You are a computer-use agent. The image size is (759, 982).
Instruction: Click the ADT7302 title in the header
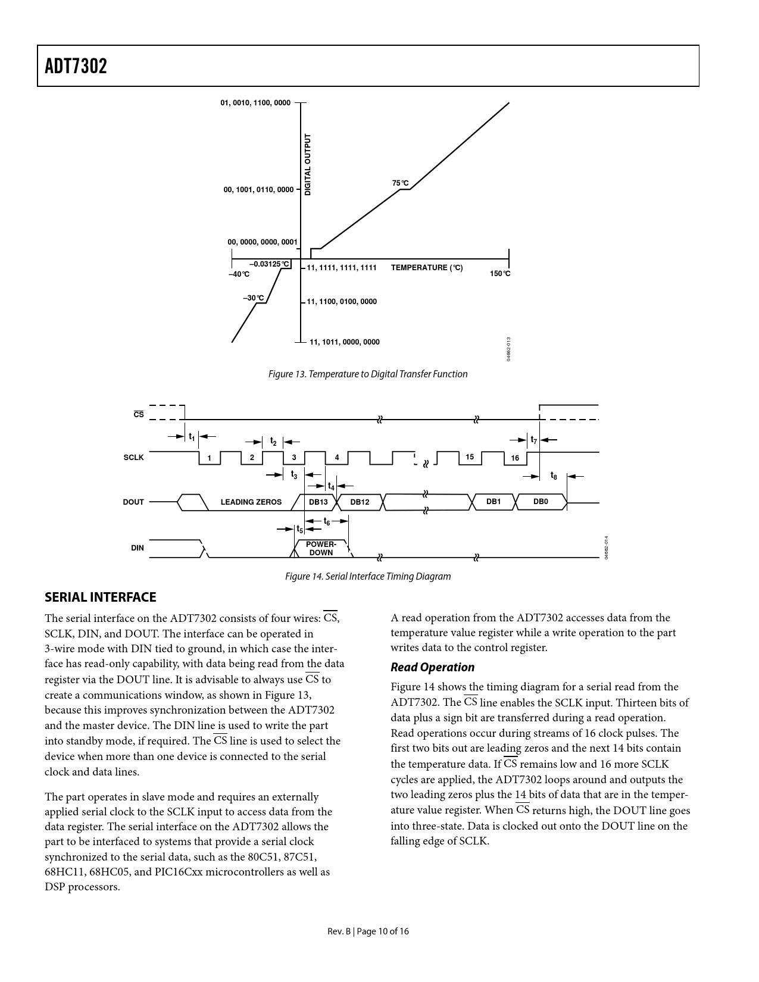pos(76,66)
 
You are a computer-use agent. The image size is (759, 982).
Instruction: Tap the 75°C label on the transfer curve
pos(400,183)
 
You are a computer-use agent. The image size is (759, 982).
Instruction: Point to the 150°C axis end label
pos(500,274)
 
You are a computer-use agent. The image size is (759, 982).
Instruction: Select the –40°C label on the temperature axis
pos(239,274)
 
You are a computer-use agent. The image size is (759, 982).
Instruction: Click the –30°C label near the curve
pos(253,298)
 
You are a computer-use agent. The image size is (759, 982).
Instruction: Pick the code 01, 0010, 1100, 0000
pos(255,103)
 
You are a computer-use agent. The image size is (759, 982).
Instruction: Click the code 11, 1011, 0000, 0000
pos(344,342)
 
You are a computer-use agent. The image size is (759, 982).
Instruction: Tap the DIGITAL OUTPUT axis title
pos(308,165)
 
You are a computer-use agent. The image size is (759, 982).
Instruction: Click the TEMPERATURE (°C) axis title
pos(426,268)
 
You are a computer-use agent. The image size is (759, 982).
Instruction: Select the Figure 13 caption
pos(367,374)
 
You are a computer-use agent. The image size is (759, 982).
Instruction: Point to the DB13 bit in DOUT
pos(318,502)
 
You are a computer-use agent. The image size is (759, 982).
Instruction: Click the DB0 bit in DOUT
pos(540,502)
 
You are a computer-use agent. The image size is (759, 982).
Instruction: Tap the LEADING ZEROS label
pos(251,502)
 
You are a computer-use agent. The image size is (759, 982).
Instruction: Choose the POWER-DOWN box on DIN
pos(321,549)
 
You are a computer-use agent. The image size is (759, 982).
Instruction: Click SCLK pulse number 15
pos(470,457)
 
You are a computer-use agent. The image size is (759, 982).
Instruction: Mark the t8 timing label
pos(554,476)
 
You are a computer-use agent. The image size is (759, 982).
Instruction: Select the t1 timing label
pos(192,437)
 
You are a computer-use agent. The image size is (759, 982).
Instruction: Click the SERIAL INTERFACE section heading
pos(100,597)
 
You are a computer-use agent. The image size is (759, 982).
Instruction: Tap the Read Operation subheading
pos(432,667)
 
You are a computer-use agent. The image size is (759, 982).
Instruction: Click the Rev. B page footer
pos(368,931)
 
